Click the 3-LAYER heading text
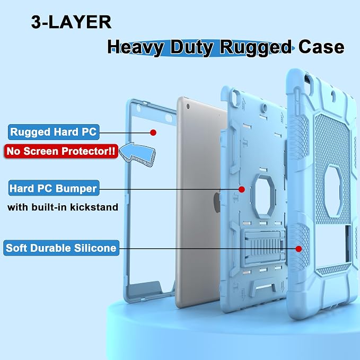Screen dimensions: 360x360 (71, 22)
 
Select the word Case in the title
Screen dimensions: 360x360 (321, 47)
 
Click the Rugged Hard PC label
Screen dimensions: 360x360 (54, 132)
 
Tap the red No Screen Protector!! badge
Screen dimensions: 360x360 (61, 151)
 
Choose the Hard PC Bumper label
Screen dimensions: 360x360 (54, 188)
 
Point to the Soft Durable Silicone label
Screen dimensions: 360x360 (62, 248)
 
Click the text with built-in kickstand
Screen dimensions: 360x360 (63, 207)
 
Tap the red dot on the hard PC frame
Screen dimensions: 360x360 (153, 133)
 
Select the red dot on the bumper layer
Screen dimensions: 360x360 (242, 189)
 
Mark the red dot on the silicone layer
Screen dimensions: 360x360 (298, 249)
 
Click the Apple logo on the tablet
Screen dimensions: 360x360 (217, 202)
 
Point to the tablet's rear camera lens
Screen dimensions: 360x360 (188, 106)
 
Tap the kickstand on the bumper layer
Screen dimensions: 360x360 (263, 248)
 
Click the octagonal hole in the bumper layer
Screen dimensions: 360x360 (264, 196)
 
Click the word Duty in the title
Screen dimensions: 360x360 (192, 48)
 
